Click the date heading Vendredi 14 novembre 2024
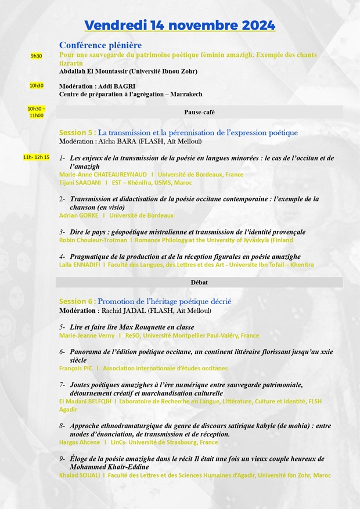click(x=179, y=26)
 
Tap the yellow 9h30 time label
click(x=37, y=56)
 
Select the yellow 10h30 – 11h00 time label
click(x=36, y=112)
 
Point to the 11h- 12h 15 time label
click(x=36, y=157)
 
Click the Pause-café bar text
click(x=199, y=112)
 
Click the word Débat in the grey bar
click(x=199, y=282)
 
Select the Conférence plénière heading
click(x=100, y=45)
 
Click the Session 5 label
click(x=77, y=132)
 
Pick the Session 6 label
click(x=77, y=301)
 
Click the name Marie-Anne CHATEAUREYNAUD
click(x=103, y=174)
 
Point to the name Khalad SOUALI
click(x=80, y=475)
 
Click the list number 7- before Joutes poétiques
click(x=62, y=384)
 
